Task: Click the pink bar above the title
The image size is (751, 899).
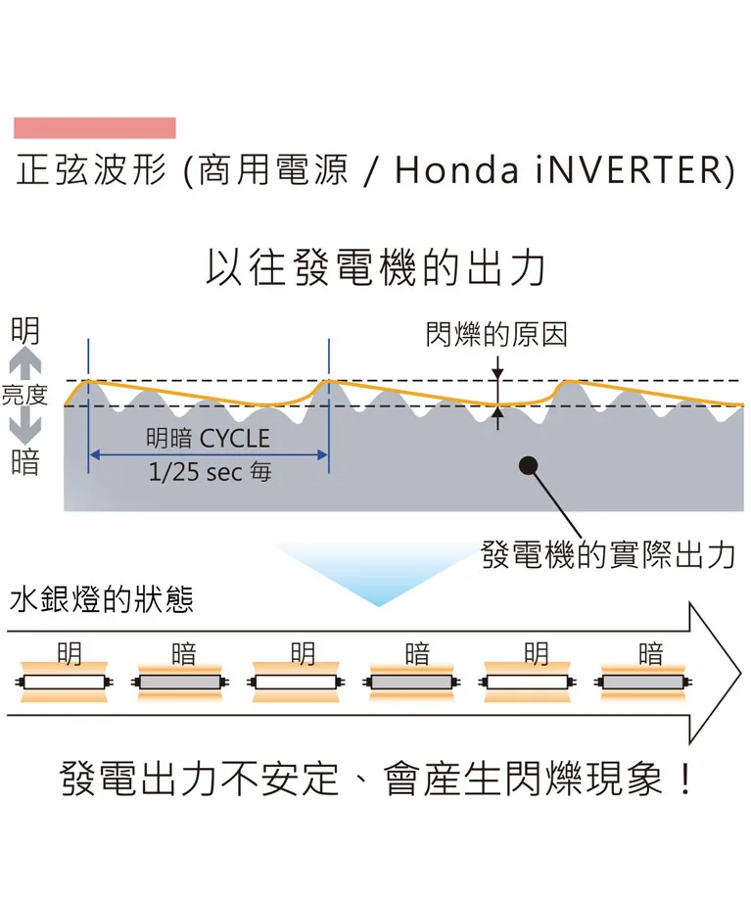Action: click(x=95, y=128)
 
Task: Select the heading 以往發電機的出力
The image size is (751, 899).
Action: click(x=375, y=268)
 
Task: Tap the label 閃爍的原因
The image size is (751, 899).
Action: click(x=496, y=335)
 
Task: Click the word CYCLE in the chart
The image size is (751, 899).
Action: click(x=234, y=438)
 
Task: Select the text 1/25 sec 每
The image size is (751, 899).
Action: click(x=210, y=472)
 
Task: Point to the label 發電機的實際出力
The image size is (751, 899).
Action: click(x=608, y=555)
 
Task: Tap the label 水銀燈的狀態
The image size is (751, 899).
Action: click(x=101, y=599)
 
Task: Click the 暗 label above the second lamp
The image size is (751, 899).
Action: click(x=183, y=653)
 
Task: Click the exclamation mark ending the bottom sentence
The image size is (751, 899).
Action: click(x=684, y=781)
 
